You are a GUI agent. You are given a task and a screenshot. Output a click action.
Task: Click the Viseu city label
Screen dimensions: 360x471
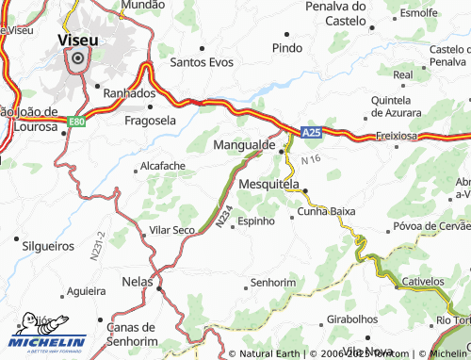tap(76, 41)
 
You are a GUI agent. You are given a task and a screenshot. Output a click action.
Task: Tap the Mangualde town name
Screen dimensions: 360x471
tap(244, 146)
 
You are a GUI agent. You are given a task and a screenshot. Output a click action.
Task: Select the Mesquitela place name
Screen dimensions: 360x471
tap(268, 185)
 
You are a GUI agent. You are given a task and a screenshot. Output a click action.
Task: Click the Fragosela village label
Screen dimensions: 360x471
tap(150, 121)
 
